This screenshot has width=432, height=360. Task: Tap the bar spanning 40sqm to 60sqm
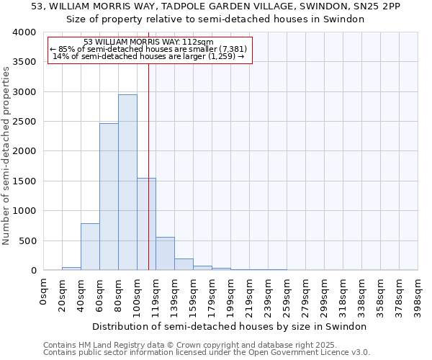90,247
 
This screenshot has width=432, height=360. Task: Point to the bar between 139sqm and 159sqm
184,264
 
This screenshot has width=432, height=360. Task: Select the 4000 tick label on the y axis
24,33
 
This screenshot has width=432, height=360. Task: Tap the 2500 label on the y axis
24,122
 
